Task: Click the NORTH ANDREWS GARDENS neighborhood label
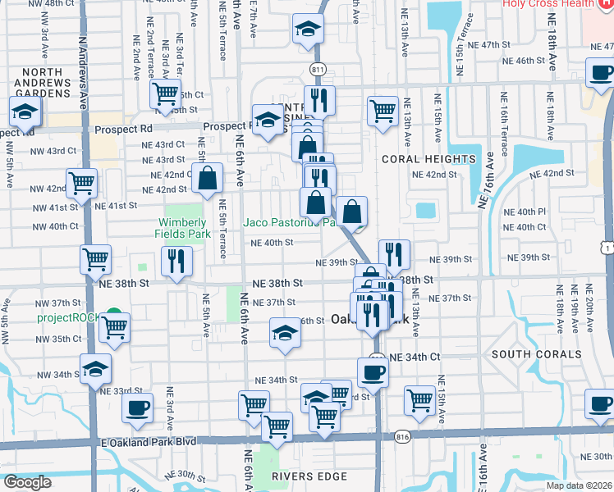43,83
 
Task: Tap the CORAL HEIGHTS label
429,158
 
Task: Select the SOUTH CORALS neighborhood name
536,354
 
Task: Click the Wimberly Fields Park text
182,229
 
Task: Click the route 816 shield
403,439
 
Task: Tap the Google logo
26,481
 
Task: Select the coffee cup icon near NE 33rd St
137,407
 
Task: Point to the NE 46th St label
525,61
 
